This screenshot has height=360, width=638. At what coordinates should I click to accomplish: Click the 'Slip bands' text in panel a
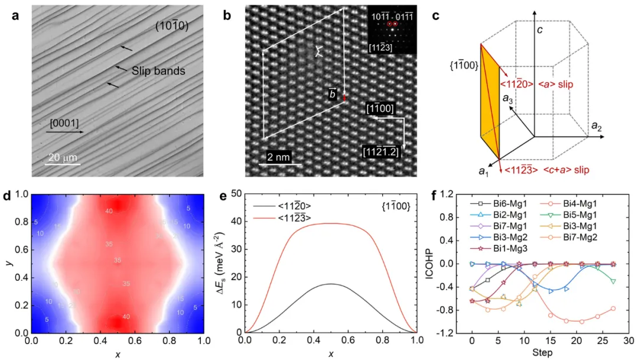pyautogui.click(x=159, y=71)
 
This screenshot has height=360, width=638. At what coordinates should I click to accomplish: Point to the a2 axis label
pyautogui.click(x=597, y=125)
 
